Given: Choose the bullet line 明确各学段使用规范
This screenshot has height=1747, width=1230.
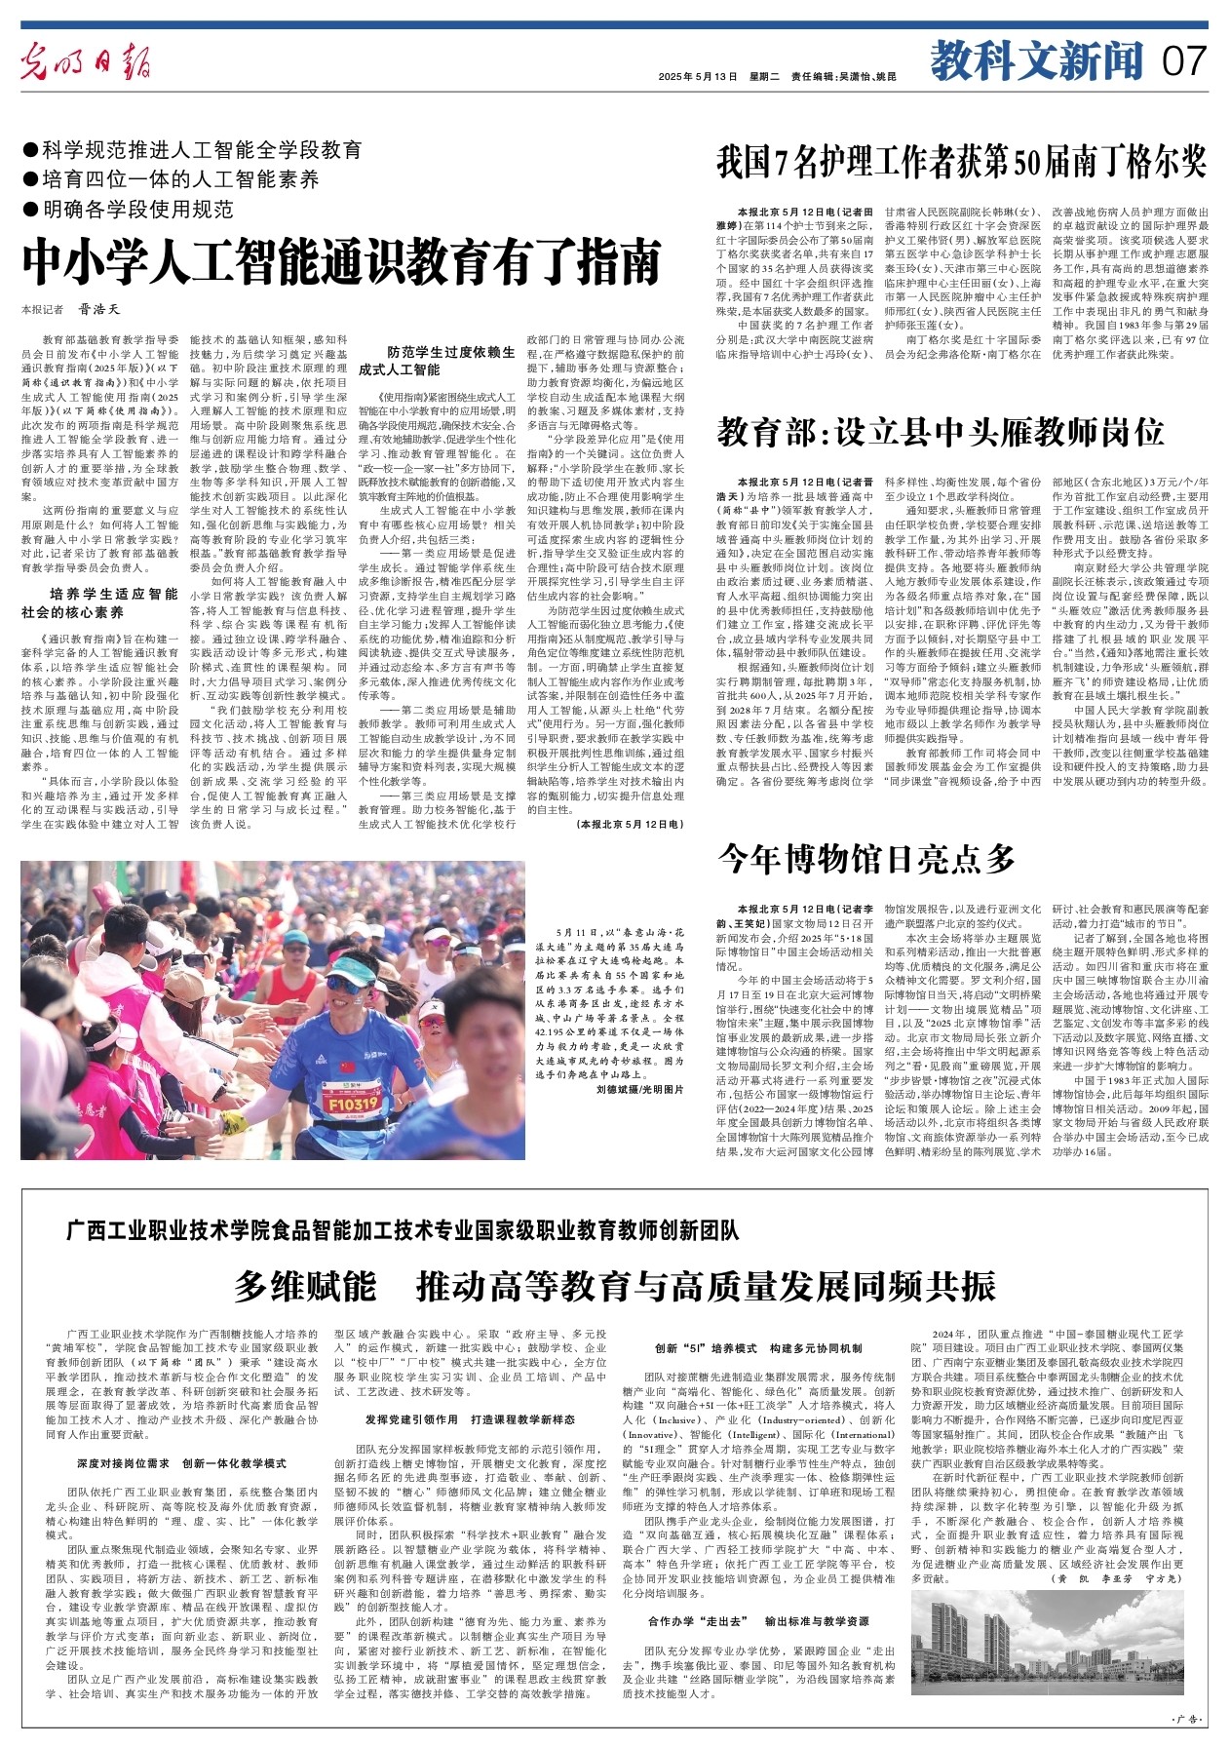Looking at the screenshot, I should pyautogui.click(x=136, y=209).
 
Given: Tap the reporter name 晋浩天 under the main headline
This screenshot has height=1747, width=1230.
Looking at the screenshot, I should pyautogui.click(x=99, y=309).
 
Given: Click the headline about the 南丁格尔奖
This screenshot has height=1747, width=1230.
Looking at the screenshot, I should pyautogui.click(x=961, y=163).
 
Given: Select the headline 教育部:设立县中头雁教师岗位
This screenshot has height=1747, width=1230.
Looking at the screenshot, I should pyautogui.click(x=941, y=431).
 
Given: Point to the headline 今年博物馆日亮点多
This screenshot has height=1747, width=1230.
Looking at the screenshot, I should pyautogui.click(x=867, y=859).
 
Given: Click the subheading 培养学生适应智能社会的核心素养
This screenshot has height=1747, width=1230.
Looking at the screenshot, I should pyautogui.click(x=113, y=602).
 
